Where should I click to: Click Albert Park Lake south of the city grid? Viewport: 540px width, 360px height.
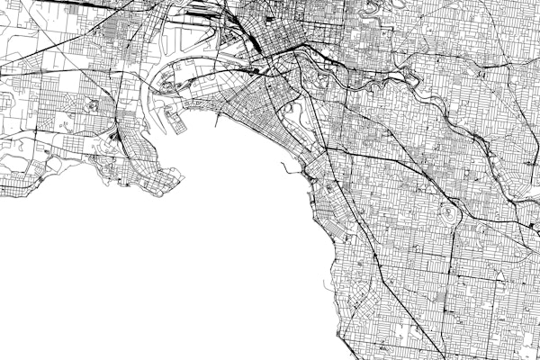tap(293, 116)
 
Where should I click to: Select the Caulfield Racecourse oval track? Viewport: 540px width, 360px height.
tap(447, 214)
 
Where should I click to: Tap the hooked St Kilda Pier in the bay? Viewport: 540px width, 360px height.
tap(286, 167)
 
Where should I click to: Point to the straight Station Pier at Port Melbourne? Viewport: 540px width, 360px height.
tap(220, 112)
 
